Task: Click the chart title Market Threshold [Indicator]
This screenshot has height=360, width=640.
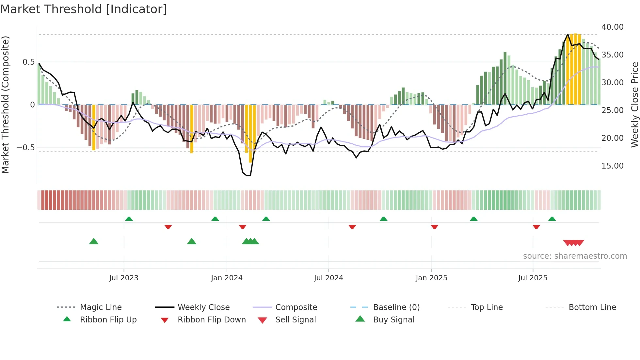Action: (84, 9)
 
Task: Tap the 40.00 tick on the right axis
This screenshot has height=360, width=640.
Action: (612, 27)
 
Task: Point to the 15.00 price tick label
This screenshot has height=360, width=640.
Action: (612, 166)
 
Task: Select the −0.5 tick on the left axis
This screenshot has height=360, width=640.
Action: (25, 148)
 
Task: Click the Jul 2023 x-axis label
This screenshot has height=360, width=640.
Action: (124, 278)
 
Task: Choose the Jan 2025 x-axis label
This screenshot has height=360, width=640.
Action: (431, 278)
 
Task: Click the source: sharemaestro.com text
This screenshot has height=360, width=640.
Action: (575, 256)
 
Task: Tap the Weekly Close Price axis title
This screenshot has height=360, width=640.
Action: (634, 105)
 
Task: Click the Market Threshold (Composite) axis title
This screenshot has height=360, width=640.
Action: (5, 105)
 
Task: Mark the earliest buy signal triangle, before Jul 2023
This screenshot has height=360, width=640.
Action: (94, 241)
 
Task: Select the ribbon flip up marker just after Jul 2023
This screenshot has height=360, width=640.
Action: (129, 219)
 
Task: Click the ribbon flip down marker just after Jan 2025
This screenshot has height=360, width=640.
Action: (434, 227)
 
